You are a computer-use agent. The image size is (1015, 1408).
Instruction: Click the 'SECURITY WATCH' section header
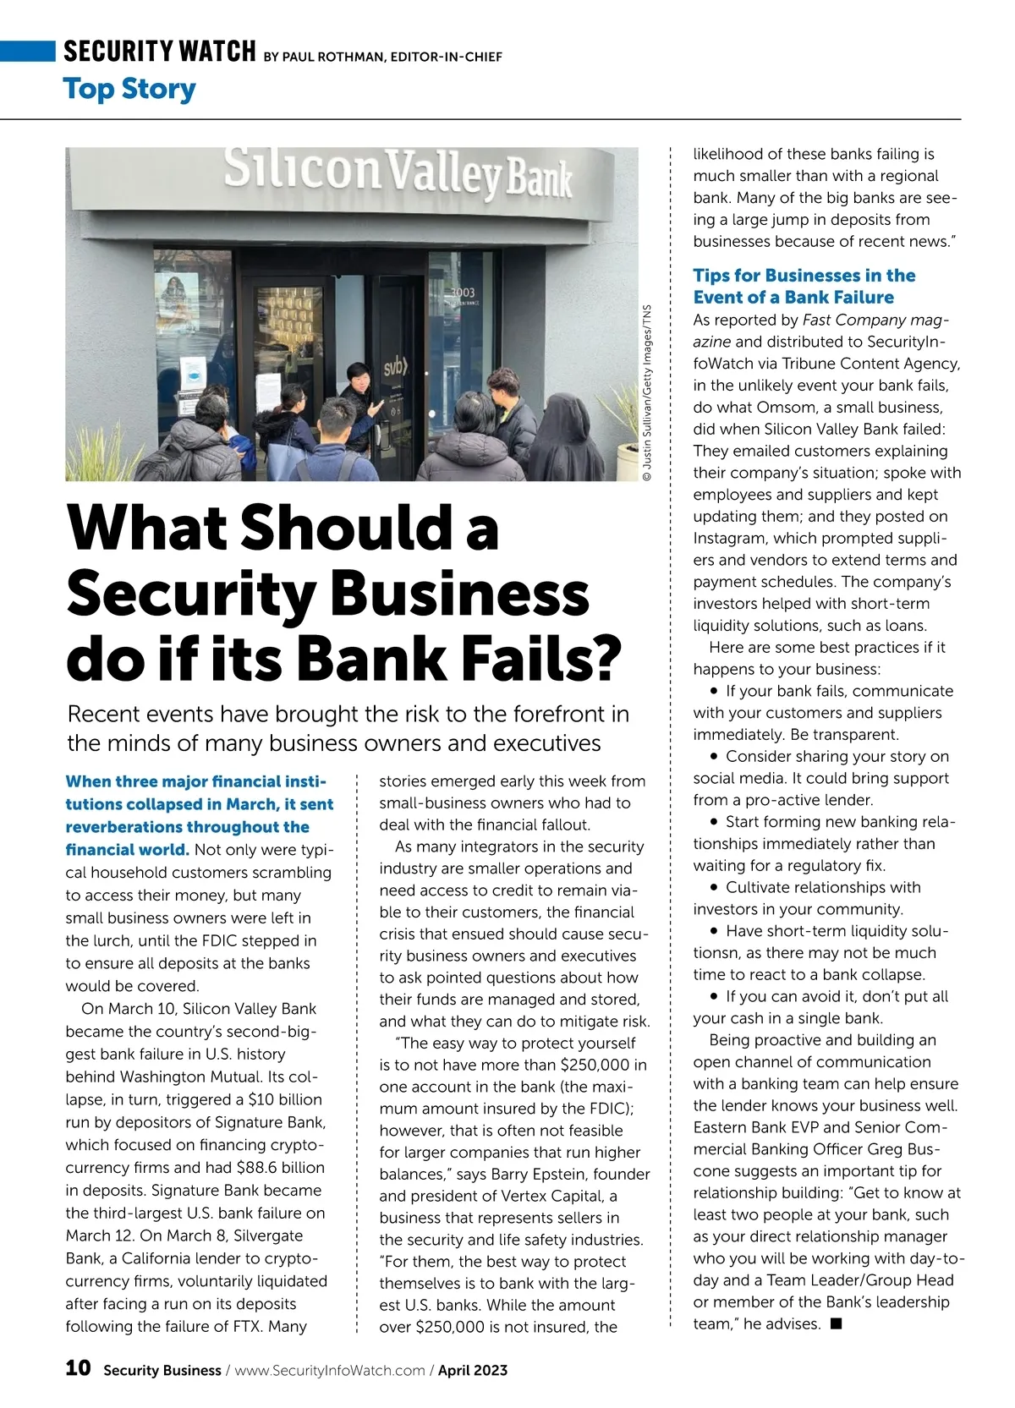[x=159, y=52]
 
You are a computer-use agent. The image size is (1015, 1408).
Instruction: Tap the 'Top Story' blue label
[x=129, y=89]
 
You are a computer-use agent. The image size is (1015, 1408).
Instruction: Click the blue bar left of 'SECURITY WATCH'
[x=27, y=51]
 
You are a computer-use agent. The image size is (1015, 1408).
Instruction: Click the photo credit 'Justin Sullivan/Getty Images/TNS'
[x=647, y=393]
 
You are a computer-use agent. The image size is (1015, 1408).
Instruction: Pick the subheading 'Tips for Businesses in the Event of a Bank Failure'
[x=804, y=286]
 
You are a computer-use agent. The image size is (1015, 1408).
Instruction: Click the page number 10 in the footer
[x=78, y=1367]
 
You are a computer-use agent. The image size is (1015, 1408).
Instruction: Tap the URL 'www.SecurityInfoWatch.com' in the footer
[x=330, y=1370]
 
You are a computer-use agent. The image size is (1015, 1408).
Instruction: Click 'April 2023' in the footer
[x=473, y=1370]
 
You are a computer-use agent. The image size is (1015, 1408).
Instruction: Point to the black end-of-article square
[x=836, y=1323]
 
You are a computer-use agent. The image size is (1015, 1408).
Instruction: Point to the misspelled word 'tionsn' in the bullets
[x=716, y=953]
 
